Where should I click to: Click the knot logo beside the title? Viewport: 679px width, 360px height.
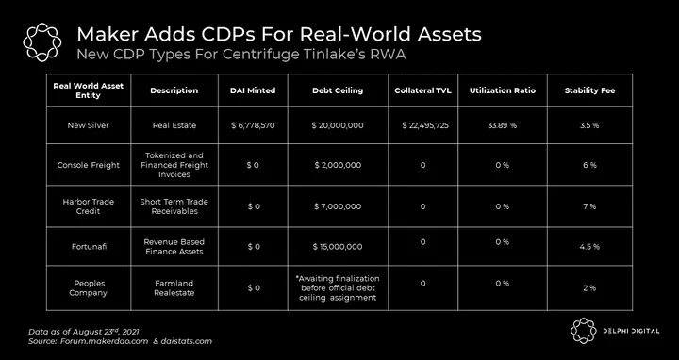(x=42, y=42)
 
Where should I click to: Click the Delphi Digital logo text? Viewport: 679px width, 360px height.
(x=632, y=331)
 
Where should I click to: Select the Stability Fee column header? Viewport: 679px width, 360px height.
(x=589, y=90)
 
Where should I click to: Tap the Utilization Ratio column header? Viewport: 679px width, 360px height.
(x=503, y=90)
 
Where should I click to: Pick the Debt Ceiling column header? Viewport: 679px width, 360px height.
(x=338, y=90)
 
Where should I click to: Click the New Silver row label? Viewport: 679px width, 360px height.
(x=88, y=125)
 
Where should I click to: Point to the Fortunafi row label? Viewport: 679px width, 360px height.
(x=89, y=247)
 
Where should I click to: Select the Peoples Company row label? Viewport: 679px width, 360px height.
(x=90, y=288)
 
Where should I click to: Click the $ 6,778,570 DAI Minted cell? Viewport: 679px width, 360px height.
(x=253, y=125)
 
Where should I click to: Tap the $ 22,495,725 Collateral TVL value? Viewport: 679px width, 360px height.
(x=424, y=125)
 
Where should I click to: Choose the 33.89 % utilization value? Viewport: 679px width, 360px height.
(x=503, y=125)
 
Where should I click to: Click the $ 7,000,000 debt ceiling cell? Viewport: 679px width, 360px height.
(x=338, y=206)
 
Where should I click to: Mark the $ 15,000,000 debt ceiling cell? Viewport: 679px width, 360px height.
(x=338, y=247)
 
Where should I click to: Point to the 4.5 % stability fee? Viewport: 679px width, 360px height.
(x=589, y=247)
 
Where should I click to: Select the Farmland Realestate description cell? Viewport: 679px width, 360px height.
(x=174, y=288)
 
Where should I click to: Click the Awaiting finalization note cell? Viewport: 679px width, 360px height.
(x=338, y=288)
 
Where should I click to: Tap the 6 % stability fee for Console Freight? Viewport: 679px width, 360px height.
(x=589, y=165)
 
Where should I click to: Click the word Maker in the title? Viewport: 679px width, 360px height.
(x=102, y=34)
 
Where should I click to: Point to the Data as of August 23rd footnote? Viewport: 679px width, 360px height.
(x=84, y=332)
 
